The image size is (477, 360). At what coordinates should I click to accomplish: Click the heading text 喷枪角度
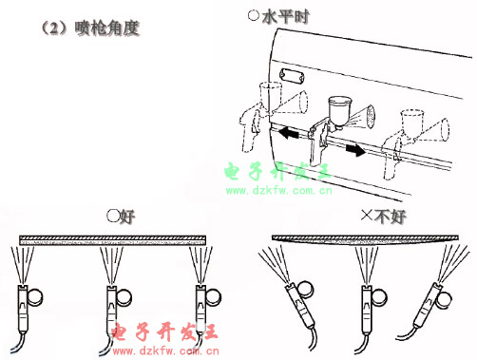point(107,28)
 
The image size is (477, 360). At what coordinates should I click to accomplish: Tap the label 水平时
point(285,17)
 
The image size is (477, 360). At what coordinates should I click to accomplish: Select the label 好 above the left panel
point(127,217)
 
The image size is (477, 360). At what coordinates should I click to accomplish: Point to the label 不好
point(390,217)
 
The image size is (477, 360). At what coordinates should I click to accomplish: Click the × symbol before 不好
point(367,216)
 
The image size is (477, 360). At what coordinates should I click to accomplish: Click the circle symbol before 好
point(113,216)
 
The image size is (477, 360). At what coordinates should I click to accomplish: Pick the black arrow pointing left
point(289,133)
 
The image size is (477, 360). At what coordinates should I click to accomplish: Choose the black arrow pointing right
point(355,149)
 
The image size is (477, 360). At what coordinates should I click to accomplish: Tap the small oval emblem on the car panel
point(292,75)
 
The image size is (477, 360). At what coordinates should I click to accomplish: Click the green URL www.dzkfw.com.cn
point(279,191)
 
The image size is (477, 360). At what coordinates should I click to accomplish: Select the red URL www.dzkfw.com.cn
point(165,351)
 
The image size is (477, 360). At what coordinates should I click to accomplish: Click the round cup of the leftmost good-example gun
point(34,297)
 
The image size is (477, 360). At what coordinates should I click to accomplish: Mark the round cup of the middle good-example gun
point(124,297)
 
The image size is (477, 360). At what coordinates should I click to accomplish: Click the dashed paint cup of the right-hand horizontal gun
point(412,122)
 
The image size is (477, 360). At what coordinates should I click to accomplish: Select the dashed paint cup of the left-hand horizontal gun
point(270,94)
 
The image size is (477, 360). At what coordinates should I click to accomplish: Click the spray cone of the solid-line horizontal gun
point(363,117)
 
